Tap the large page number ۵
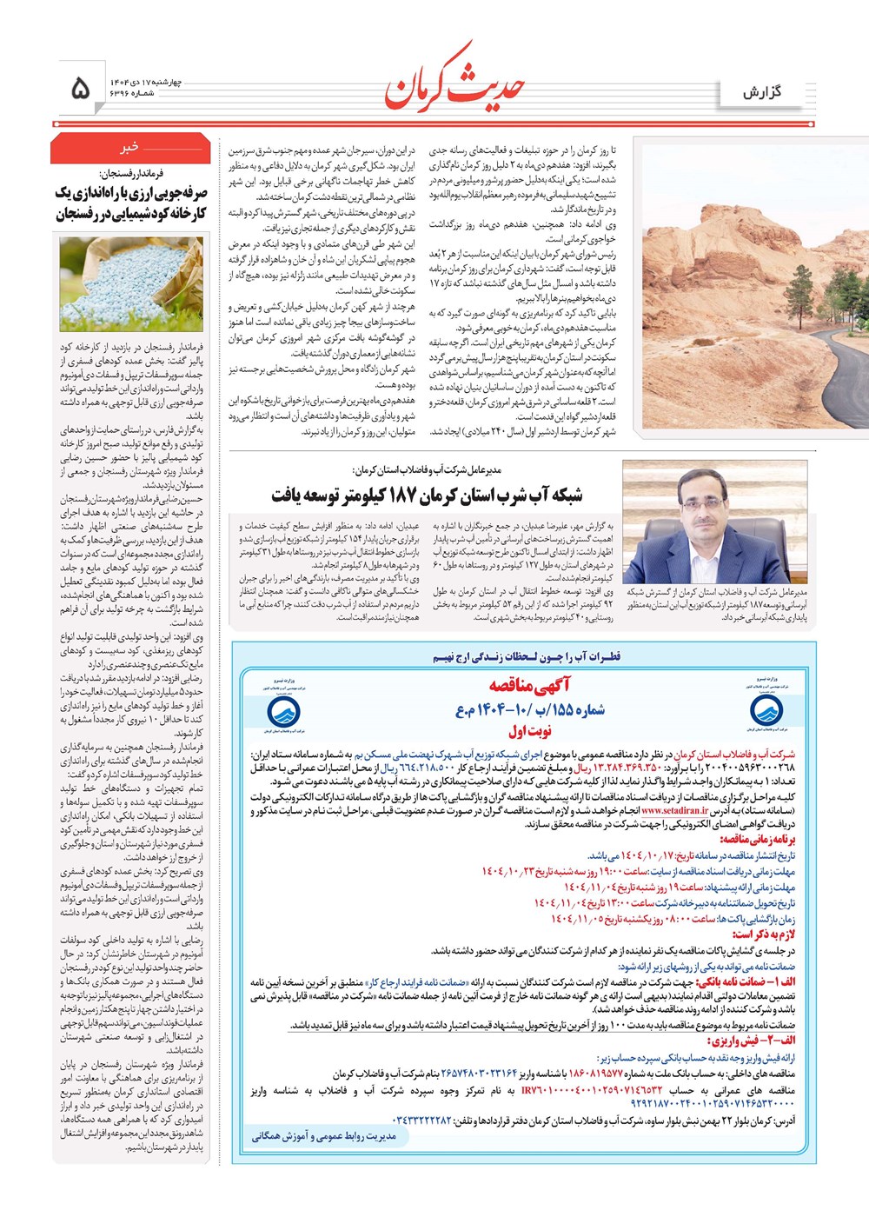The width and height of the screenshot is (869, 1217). point(79,88)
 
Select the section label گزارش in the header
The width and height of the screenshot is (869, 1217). point(762,91)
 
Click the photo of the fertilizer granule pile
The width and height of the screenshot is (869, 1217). point(130,284)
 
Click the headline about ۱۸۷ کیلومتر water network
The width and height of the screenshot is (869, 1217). point(427,495)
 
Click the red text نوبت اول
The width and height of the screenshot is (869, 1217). point(530,731)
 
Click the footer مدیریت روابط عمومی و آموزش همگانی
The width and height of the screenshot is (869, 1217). point(323,1135)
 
